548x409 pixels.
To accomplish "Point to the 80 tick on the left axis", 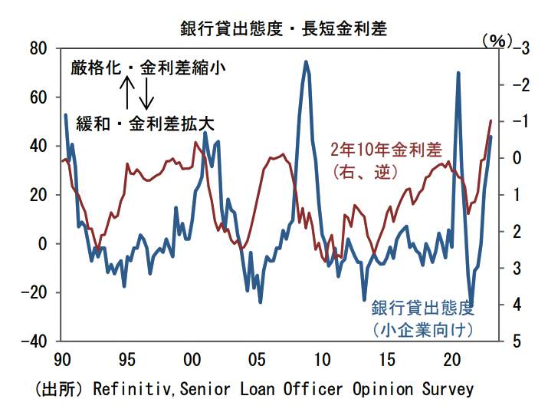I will pyautogui.click(x=39, y=48).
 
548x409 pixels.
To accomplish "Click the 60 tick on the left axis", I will pyautogui.click(x=39, y=97).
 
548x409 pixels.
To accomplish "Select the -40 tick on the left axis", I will pyautogui.click(x=35, y=341).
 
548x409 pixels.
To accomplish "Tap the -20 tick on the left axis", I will pyautogui.click(x=35, y=292).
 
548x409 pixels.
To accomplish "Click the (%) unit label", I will pyautogui.click(x=497, y=41).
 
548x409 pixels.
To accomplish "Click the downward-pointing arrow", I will pyautogui.click(x=149, y=93).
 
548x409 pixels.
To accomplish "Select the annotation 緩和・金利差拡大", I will pyautogui.click(x=144, y=122).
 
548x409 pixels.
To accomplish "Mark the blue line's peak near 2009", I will pyautogui.click(x=306, y=62).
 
